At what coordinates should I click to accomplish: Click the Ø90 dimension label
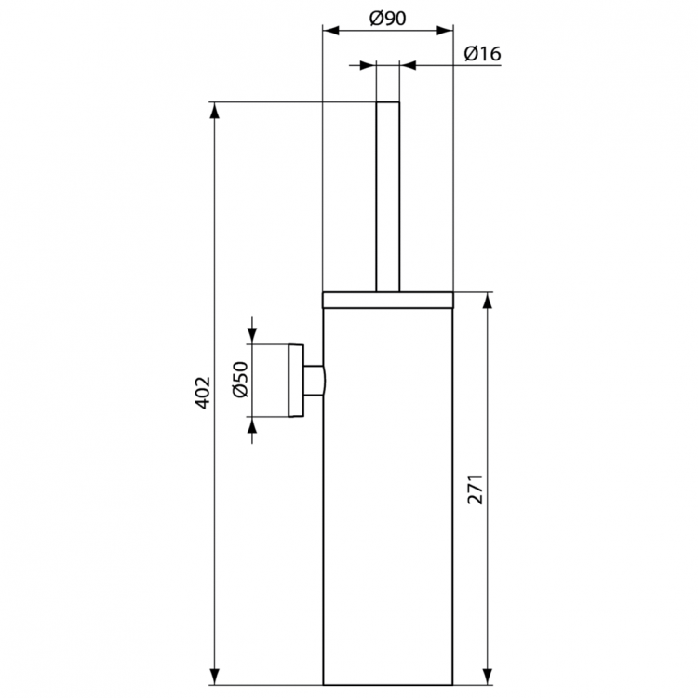(x=386, y=17)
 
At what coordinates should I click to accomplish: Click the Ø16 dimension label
(x=482, y=53)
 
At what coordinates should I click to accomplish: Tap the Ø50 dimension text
(x=238, y=381)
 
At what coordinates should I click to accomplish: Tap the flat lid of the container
(x=387, y=300)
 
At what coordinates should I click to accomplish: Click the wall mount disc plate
(x=298, y=381)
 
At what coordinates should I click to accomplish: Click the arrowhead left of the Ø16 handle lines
(x=368, y=66)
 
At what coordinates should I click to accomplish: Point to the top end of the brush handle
(x=387, y=102)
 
